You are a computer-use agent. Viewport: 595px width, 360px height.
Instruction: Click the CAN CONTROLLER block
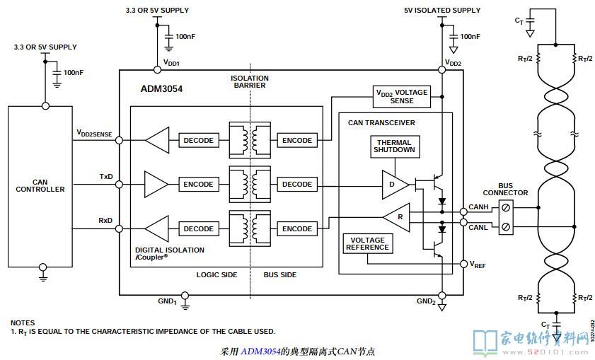click(40, 185)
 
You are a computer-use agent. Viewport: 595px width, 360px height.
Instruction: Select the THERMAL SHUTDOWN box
click(394, 147)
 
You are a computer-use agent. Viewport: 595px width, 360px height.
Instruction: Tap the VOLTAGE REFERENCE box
click(367, 243)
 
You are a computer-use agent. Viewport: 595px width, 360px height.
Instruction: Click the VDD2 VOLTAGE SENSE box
click(401, 96)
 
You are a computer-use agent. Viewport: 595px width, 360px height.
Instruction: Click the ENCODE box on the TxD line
click(198, 184)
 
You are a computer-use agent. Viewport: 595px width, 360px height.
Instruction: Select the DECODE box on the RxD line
click(198, 228)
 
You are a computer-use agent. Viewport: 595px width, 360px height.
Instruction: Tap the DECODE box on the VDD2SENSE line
click(198, 140)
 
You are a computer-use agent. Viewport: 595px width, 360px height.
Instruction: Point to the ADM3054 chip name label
click(162, 90)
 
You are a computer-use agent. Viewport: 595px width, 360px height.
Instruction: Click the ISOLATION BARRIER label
click(249, 81)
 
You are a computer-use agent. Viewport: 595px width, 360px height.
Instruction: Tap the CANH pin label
click(478, 207)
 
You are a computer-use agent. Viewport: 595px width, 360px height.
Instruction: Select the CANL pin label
click(478, 228)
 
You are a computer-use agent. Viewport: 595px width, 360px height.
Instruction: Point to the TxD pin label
click(106, 176)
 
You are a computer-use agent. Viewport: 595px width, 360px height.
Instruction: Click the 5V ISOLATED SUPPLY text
click(442, 11)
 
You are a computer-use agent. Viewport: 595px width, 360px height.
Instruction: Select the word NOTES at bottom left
click(23, 323)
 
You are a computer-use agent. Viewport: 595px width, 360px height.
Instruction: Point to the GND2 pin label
click(426, 302)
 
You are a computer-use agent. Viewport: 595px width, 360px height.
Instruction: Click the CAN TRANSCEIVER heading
click(381, 122)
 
